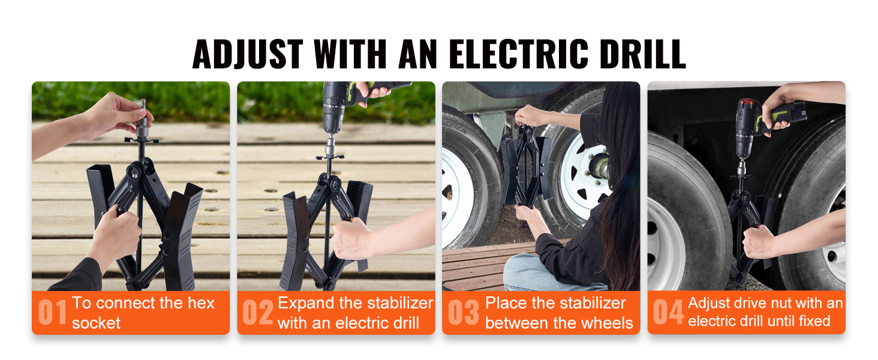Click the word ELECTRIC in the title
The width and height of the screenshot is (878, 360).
pos(519,54)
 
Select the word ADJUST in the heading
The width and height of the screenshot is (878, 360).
pos(248,54)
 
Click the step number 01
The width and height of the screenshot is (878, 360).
pos(52,312)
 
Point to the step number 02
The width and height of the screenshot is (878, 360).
pos(257,312)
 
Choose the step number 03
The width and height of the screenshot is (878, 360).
pos(464,312)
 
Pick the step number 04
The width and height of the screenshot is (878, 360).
pos(668,312)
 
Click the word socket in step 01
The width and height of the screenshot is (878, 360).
pos(96,323)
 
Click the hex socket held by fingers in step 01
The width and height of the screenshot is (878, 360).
pos(143,119)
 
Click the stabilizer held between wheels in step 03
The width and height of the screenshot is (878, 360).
pos(526,167)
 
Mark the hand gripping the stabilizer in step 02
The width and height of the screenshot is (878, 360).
pos(350,239)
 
